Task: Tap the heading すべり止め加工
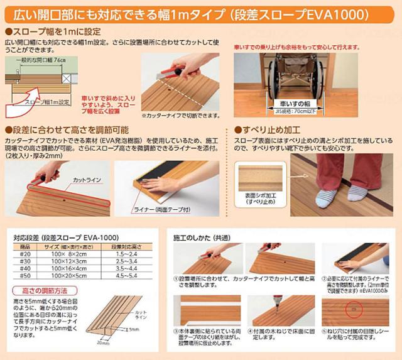(266, 128)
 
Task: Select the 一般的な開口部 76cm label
(41, 58)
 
